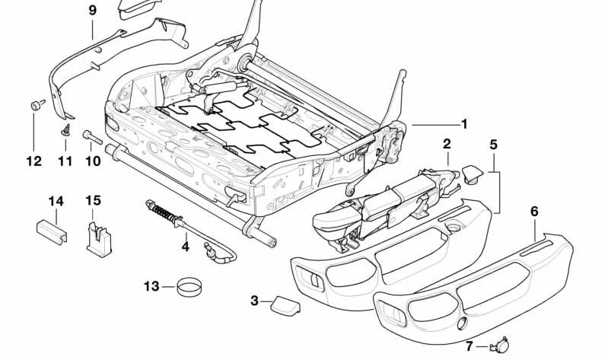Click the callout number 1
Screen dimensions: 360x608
coord(463,124)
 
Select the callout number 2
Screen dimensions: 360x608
coord(447,144)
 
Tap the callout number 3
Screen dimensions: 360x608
coord(254,301)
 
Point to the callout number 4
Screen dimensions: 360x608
coord(185,246)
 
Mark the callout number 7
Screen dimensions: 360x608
coord(469,346)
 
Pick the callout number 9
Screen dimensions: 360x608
coord(92,11)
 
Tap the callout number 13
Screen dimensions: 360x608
coord(151,286)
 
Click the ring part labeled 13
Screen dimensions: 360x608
coord(189,288)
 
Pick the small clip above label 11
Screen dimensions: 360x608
coord(65,130)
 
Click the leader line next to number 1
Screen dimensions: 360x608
coord(434,124)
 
